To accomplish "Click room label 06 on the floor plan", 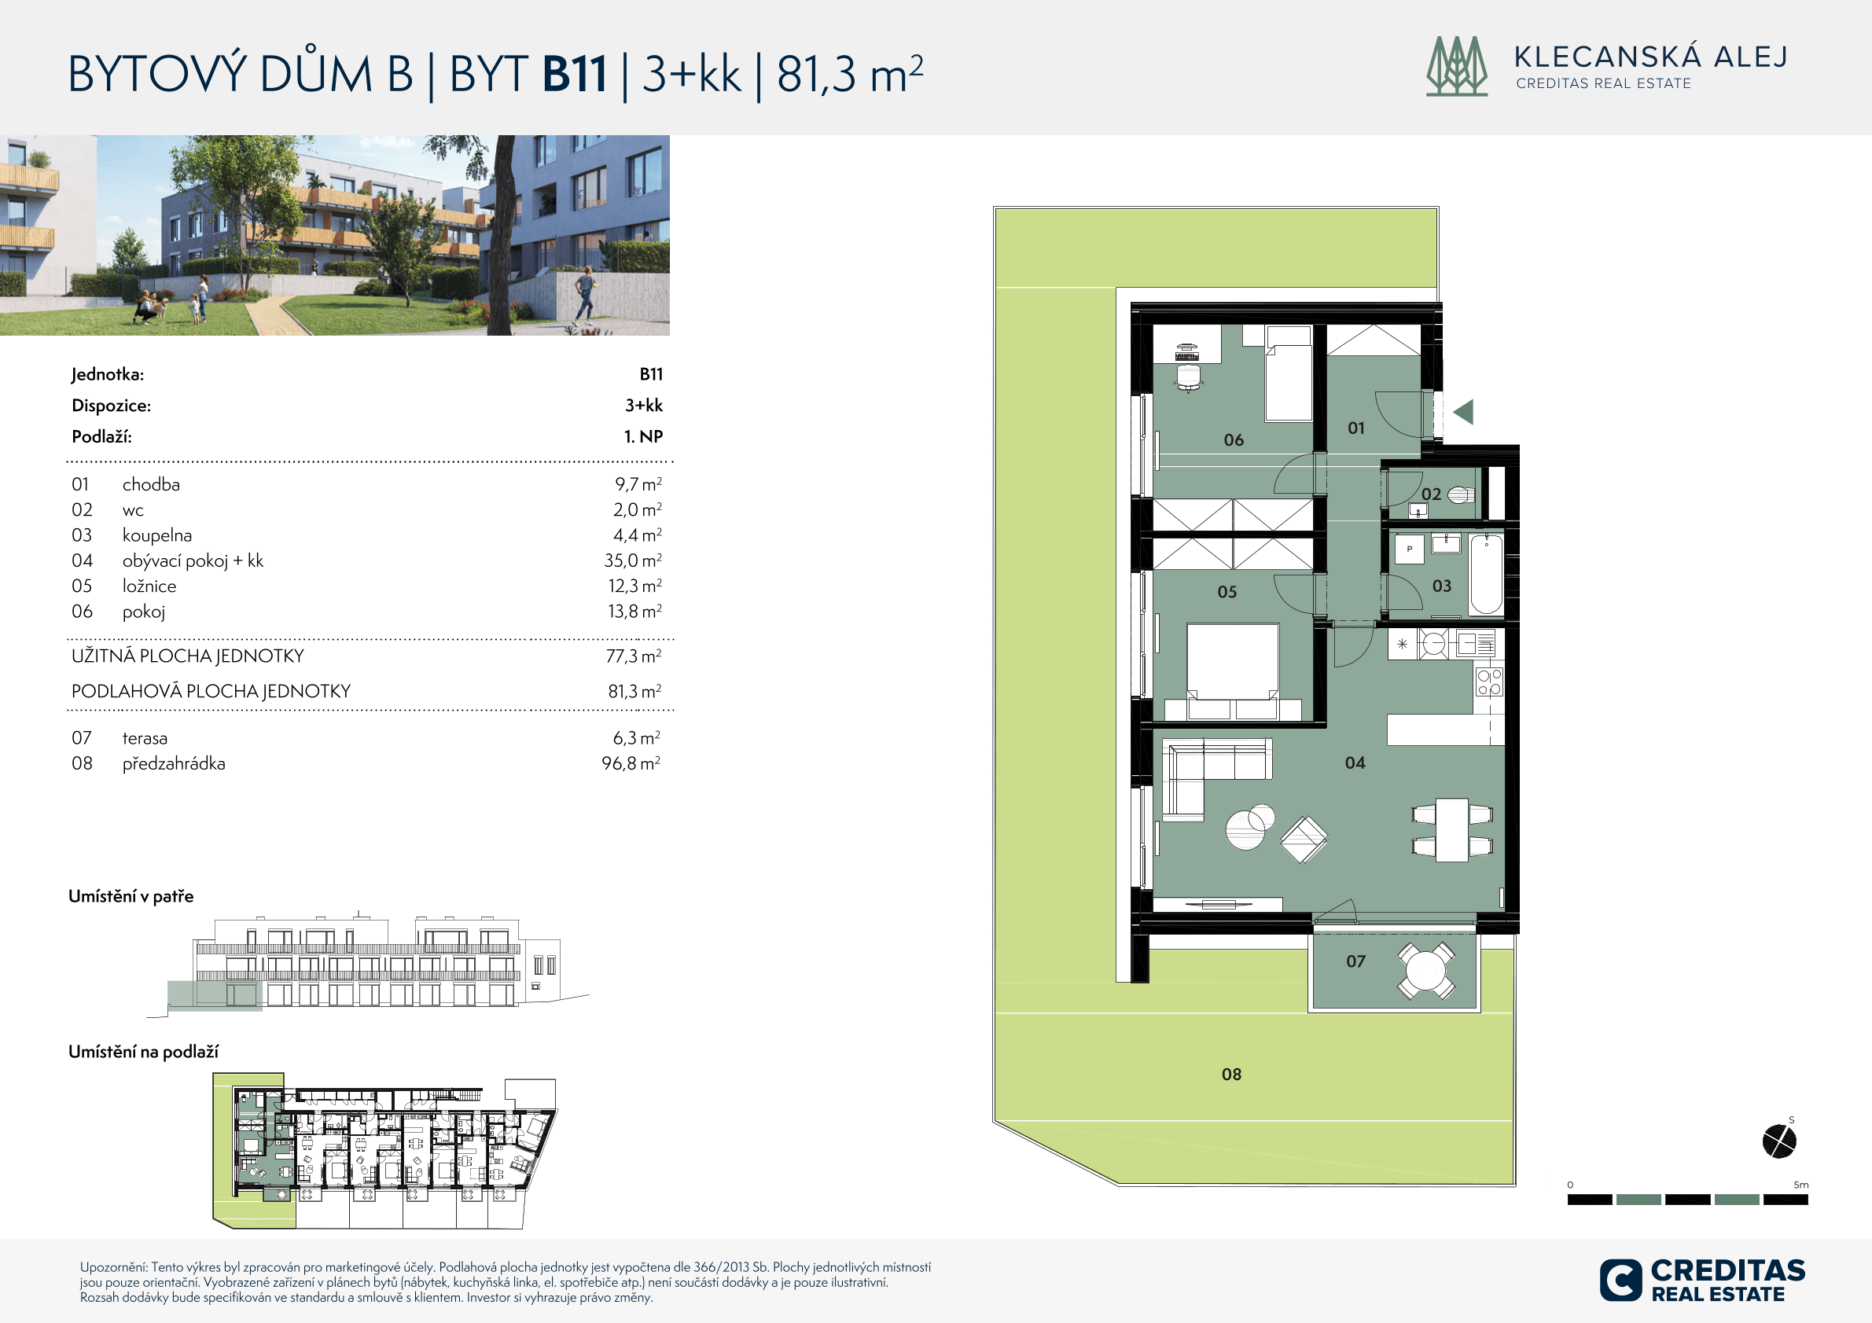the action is click(1234, 440).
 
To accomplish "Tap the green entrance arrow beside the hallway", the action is click(1463, 412).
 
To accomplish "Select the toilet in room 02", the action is click(1461, 494).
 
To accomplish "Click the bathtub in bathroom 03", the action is click(1486, 574).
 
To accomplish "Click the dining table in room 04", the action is click(1452, 830).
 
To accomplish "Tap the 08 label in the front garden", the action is click(1231, 1075).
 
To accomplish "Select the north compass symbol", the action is click(1779, 1141).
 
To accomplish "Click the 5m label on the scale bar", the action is click(1800, 1185).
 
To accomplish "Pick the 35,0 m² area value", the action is click(633, 560).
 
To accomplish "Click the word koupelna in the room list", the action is click(157, 535).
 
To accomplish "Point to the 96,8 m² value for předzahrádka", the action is click(631, 763).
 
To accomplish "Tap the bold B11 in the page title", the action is click(575, 74).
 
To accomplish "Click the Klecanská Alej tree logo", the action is click(1457, 66).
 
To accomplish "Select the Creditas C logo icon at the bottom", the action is click(1621, 1280).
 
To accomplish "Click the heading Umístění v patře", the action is click(131, 897).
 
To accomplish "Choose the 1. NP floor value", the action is click(643, 436).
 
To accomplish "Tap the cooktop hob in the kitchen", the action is click(1490, 682).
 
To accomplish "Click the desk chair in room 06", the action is click(1189, 377).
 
